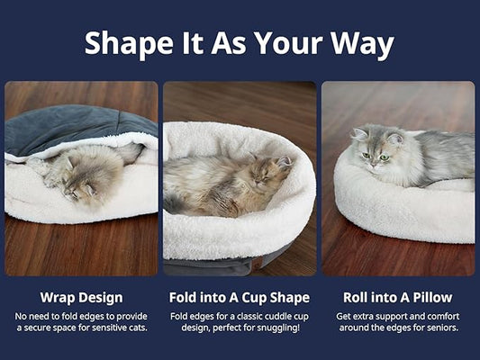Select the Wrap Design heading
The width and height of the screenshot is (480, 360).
81,297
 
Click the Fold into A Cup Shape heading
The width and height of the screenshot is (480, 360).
240,297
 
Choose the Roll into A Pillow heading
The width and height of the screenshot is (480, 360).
397,297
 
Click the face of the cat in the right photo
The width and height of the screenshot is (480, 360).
376,148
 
